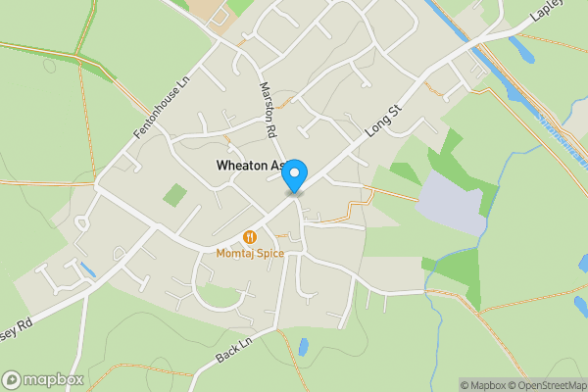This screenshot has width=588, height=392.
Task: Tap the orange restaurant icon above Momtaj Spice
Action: (250, 236)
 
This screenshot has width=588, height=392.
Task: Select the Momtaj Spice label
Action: (250, 254)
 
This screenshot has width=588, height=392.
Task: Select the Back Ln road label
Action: (233, 350)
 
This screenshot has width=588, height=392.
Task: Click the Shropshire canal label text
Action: (563, 143)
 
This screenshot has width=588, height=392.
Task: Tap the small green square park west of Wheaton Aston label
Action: (174, 194)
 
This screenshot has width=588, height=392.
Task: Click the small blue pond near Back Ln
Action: (303, 347)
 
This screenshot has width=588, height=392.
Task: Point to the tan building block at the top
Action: (211, 11)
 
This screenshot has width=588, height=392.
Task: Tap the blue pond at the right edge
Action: (580, 307)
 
